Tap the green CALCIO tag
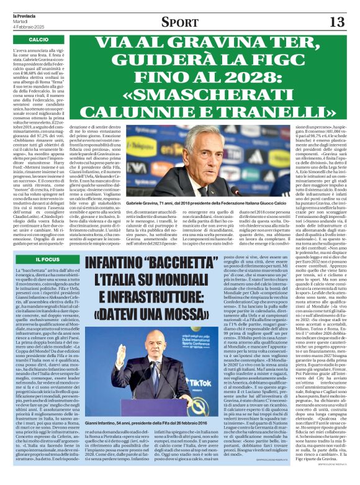(38, 40)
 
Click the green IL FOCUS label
(47, 258)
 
